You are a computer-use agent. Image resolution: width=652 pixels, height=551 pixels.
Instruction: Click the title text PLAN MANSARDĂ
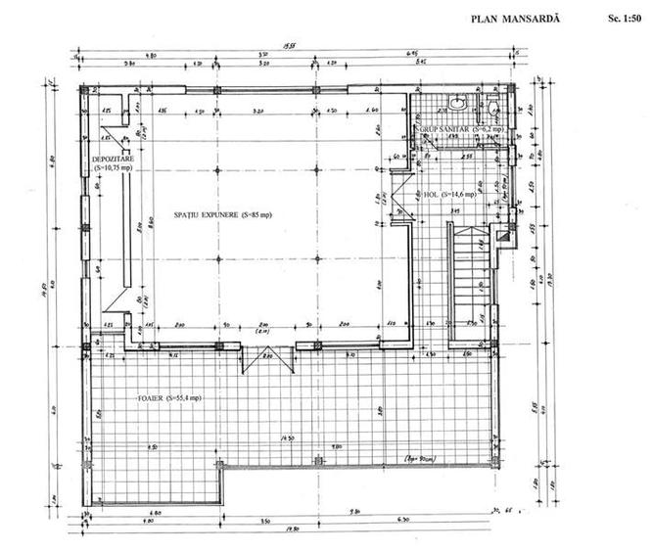point(514,18)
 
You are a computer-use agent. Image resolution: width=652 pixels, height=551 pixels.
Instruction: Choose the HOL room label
point(431,194)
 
